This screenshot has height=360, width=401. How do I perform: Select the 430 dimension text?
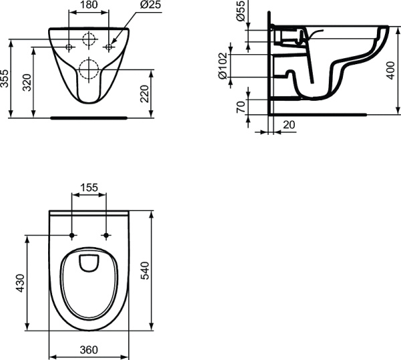coord(20,283)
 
